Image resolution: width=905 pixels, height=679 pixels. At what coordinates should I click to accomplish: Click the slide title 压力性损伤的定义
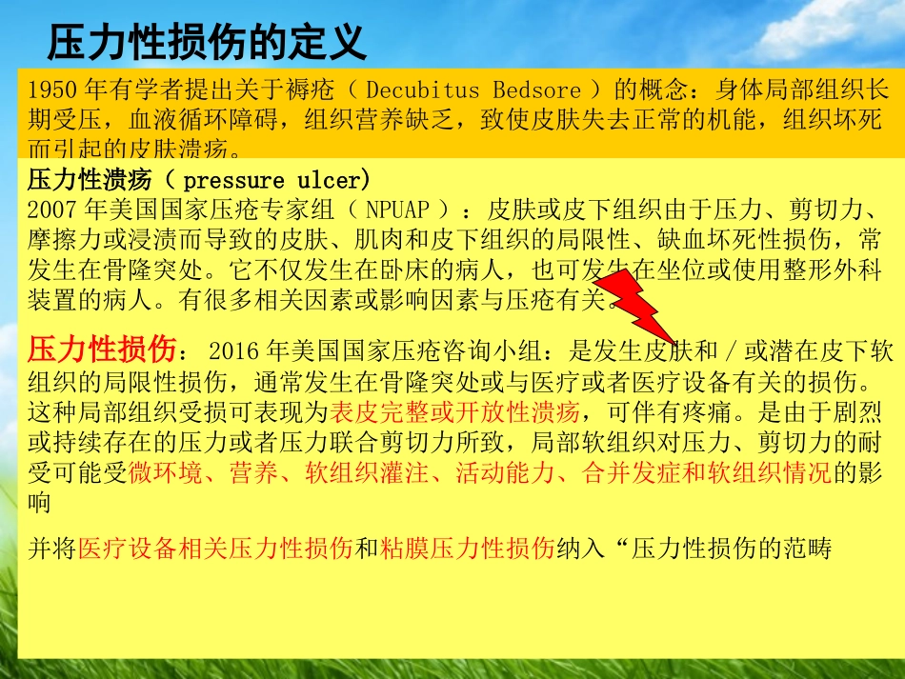206,43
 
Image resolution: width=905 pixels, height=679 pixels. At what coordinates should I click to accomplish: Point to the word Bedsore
536,91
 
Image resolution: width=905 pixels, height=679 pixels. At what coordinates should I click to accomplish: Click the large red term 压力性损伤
102,350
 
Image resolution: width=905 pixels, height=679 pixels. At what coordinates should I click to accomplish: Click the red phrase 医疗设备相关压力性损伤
215,549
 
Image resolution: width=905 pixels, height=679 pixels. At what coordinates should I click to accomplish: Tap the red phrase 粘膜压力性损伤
467,549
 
